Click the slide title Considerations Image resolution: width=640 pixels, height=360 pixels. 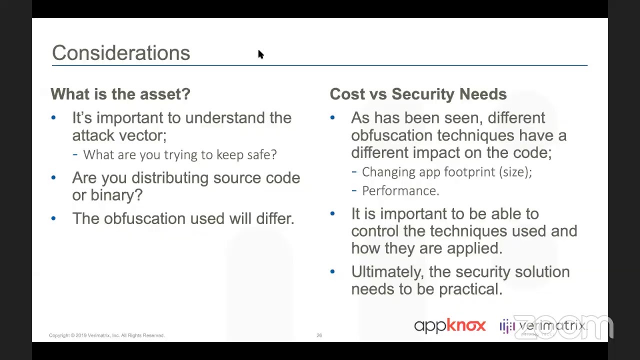pyautogui.click(x=121, y=53)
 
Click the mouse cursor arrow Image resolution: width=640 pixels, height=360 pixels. pyautogui.click(x=260, y=54)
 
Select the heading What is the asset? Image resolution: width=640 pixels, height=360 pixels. pyautogui.click(x=120, y=94)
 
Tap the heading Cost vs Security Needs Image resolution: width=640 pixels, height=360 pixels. pyautogui.click(x=418, y=94)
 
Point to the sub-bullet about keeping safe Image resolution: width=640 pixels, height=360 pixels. pyautogui.click(x=179, y=155)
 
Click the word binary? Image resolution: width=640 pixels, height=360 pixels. pyautogui.click(x=116, y=195)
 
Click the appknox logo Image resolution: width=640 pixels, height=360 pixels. pyautogui.click(x=449, y=326)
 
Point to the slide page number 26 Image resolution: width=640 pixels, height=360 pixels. pyautogui.click(x=319, y=335)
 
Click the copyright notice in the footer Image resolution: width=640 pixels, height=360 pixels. pyautogui.click(x=106, y=335)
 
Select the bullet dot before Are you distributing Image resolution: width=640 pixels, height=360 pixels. pyautogui.click(x=53, y=178)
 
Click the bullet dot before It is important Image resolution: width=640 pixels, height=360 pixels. pyautogui.click(x=332, y=214)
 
